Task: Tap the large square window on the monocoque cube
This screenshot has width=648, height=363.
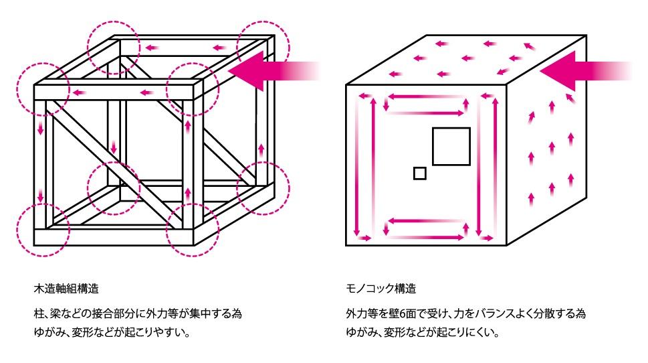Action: coord(451,146)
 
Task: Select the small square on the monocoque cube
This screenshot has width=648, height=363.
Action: coord(419,173)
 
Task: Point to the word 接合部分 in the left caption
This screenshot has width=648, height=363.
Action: coord(116,313)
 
